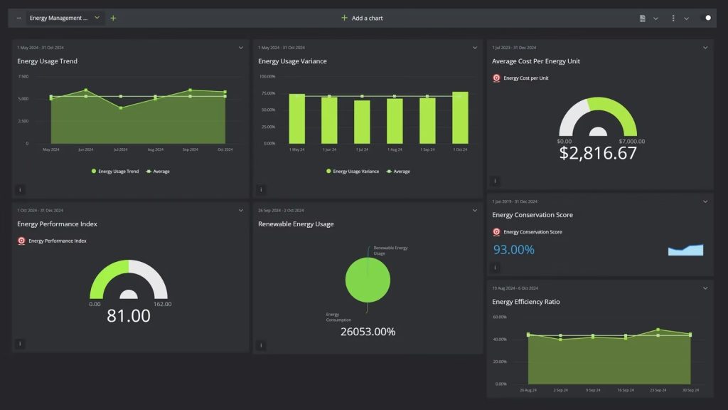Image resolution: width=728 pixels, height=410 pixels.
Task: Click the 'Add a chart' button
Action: click(x=362, y=18)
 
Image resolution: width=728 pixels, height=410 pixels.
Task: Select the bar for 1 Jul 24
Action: click(x=362, y=122)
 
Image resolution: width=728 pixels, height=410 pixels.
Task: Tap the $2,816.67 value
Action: click(x=598, y=153)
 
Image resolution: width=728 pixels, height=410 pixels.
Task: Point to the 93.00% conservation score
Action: click(x=513, y=250)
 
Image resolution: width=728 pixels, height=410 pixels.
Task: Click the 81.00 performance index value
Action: click(x=129, y=316)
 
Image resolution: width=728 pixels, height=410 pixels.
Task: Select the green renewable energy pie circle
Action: click(x=368, y=280)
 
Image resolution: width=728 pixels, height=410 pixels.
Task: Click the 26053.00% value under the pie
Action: click(x=368, y=332)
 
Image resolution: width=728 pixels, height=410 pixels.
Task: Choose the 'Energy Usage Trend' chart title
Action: click(x=47, y=61)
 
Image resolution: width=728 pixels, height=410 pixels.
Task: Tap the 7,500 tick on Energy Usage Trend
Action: click(x=23, y=76)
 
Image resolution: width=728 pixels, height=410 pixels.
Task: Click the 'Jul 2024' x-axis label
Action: click(x=120, y=149)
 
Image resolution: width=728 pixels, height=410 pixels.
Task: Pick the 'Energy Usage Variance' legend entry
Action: click(x=352, y=172)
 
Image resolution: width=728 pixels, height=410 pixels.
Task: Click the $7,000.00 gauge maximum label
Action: click(x=632, y=141)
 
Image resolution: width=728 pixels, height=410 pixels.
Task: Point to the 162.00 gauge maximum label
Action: click(x=162, y=304)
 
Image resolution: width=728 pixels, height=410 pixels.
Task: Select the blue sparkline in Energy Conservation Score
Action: click(x=685, y=250)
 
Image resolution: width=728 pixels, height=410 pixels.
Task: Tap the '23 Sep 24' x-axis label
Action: click(x=658, y=390)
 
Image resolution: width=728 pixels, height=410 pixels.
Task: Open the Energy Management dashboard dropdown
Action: click(x=97, y=18)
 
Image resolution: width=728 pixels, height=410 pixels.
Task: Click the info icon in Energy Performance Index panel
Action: click(x=20, y=344)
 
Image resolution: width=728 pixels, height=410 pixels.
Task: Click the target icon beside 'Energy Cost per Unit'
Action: click(x=496, y=78)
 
